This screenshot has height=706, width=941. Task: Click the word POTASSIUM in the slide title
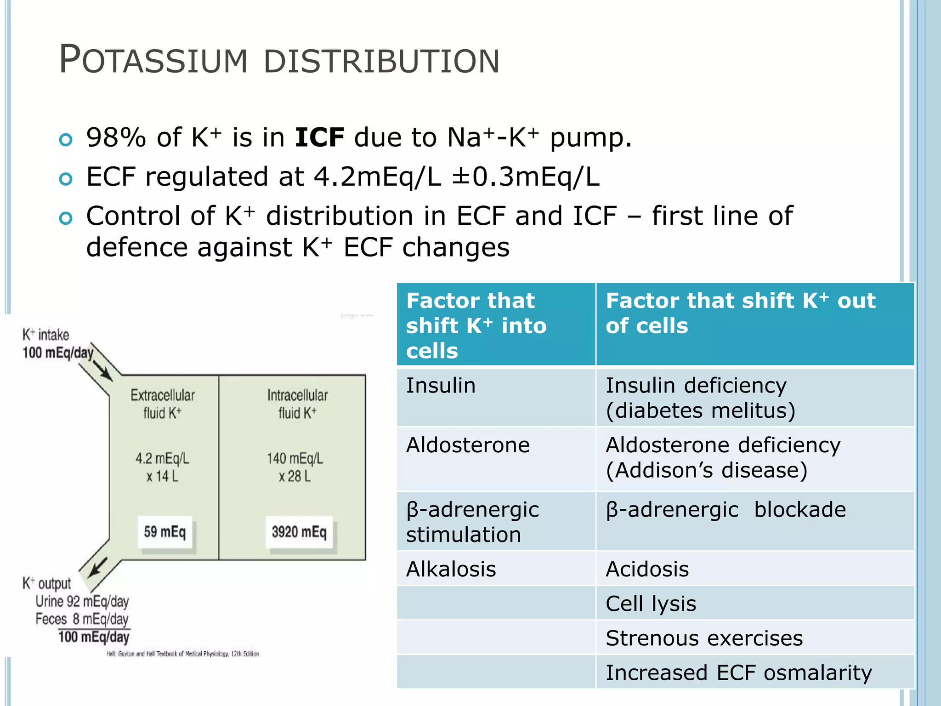pyautogui.click(x=153, y=60)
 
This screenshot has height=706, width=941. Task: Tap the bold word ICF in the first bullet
pyautogui.click(x=319, y=137)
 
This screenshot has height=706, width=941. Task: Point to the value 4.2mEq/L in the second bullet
pyautogui.click(x=377, y=177)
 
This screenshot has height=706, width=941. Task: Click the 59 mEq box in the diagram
pyautogui.click(x=165, y=532)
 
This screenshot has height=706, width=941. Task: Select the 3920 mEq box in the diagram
pyautogui.click(x=299, y=532)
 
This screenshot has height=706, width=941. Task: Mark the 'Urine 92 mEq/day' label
pyautogui.click(x=82, y=601)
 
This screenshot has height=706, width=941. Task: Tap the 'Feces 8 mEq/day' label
pyautogui.click(x=82, y=619)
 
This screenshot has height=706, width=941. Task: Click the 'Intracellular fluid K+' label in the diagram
pyautogui.click(x=297, y=404)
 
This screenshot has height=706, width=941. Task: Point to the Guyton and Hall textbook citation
pyautogui.click(x=183, y=654)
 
